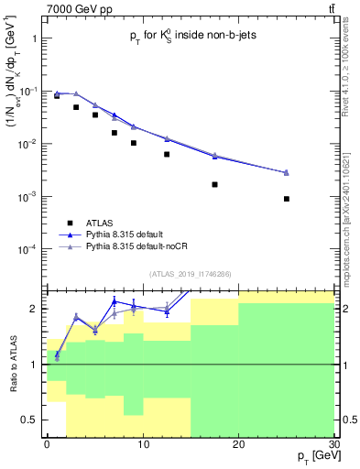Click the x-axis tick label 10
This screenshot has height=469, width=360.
click(x=142, y=443)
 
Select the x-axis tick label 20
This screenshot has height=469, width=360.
click(x=238, y=443)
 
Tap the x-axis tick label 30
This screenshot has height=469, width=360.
click(x=333, y=443)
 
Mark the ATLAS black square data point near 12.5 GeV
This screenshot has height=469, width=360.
click(x=167, y=154)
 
